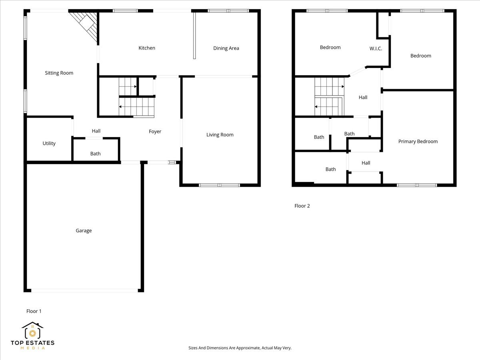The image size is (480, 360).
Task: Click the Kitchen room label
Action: [x=147, y=48]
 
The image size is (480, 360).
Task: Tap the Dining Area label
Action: [x=226, y=48]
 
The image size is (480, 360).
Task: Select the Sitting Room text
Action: [x=59, y=73]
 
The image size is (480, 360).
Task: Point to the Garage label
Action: [x=84, y=230]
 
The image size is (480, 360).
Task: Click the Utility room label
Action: [x=49, y=144]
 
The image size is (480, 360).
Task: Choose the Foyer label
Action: [x=155, y=132]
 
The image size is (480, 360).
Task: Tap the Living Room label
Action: [x=220, y=135]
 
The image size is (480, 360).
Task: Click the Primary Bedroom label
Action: [x=418, y=141]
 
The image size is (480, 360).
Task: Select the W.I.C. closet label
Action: [x=376, y=48]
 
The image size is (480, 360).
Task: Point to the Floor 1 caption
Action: [x=34, y=311]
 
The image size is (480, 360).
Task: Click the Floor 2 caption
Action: [x=302, y=206]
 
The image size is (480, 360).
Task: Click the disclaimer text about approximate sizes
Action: [x=240, y=348]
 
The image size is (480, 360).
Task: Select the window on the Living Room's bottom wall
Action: [x=219, y=185]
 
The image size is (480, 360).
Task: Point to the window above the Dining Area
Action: [x=228, y=11]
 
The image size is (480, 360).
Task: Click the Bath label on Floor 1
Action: [x=95, y=154]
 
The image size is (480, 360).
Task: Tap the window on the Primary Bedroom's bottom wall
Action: [x=417, y=185]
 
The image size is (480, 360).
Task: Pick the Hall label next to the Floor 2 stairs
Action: [x=363, y=97]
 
